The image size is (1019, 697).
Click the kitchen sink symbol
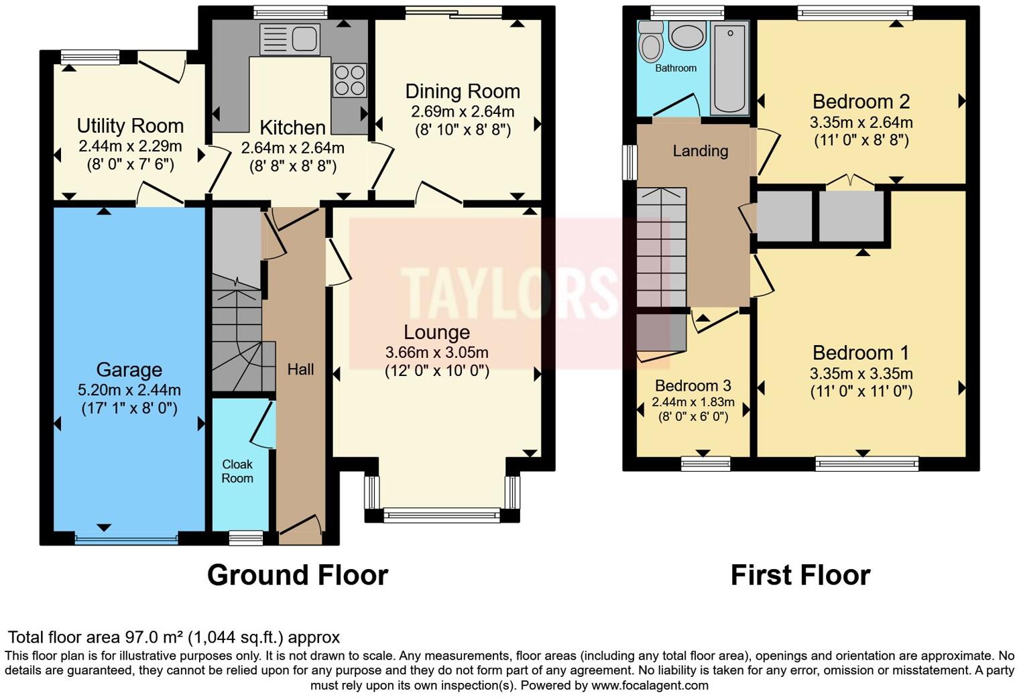pyautogui.click(x=289, y=39)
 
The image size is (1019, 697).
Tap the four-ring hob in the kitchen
pyautogui.click(x=349, y=80)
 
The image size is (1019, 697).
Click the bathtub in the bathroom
pyautogui.click(x=730, y=67)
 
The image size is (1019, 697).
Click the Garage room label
pyautogui.click(x=129, y=370)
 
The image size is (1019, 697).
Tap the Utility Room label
pyautogui.click(x=130, y=126)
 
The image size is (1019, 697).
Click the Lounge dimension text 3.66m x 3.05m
pyautogui.click(x=436, y=353)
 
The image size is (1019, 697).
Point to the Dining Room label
pyautogui.click(x=463, y=91)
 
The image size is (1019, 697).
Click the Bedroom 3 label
pyautogui.click(x=693, y=386)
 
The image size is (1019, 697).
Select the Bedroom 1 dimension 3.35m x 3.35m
pyautogui.click(x=861, y=374)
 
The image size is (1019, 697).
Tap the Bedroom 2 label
pyautogui.click(x=861, y=102)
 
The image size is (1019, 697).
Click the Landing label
pyautogui.click(x=700, y=151)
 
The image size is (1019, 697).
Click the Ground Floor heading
pyautogui.click(x=297, y=575)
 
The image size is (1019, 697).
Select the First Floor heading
pyautogui.click(x=800, y=575)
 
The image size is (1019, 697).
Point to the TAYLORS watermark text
pyautogui.click(x=509, y=293)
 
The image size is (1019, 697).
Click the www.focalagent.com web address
pyautogui.click(x=650, y=686)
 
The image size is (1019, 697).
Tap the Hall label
pyautogui.click(x=300, y=369)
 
